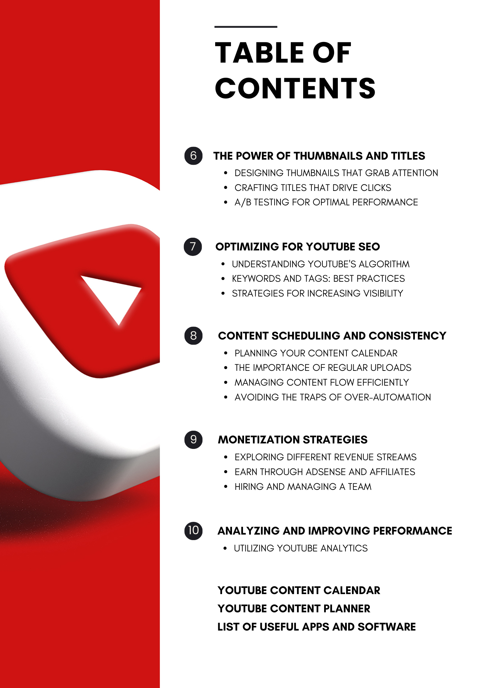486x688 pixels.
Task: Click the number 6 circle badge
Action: (x=194, y=155)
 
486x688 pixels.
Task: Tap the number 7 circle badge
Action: (x=193, y=247)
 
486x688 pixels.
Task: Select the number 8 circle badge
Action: (x=194, y=336)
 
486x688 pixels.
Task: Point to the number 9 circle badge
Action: (x=194, y=440)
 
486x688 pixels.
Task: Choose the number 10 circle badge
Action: (x=194, y=530)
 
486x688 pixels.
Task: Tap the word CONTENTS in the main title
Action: (x=295, y=88)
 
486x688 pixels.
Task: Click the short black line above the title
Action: (x=246, y=27)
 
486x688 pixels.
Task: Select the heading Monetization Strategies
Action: (x=292, y=440)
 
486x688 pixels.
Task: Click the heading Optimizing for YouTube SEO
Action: (x=298, y=247)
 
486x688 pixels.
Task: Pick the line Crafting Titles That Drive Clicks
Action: (x=313, y=188)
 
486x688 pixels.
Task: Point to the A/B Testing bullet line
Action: (x=326, y=202)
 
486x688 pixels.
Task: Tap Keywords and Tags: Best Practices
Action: (x=318, y=279)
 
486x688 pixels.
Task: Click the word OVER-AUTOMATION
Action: (x=387, y=397)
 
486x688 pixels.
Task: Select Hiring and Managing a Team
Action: (x=303, y=487)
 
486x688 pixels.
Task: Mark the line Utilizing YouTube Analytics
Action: (x=301, y=548)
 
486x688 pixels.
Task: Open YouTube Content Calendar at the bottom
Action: (x=299, y=590)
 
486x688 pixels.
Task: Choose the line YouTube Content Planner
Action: (x=294, y=609)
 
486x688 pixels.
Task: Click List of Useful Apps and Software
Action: (x=317, y=627)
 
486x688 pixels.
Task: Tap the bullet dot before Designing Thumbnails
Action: (x=225, y=173)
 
